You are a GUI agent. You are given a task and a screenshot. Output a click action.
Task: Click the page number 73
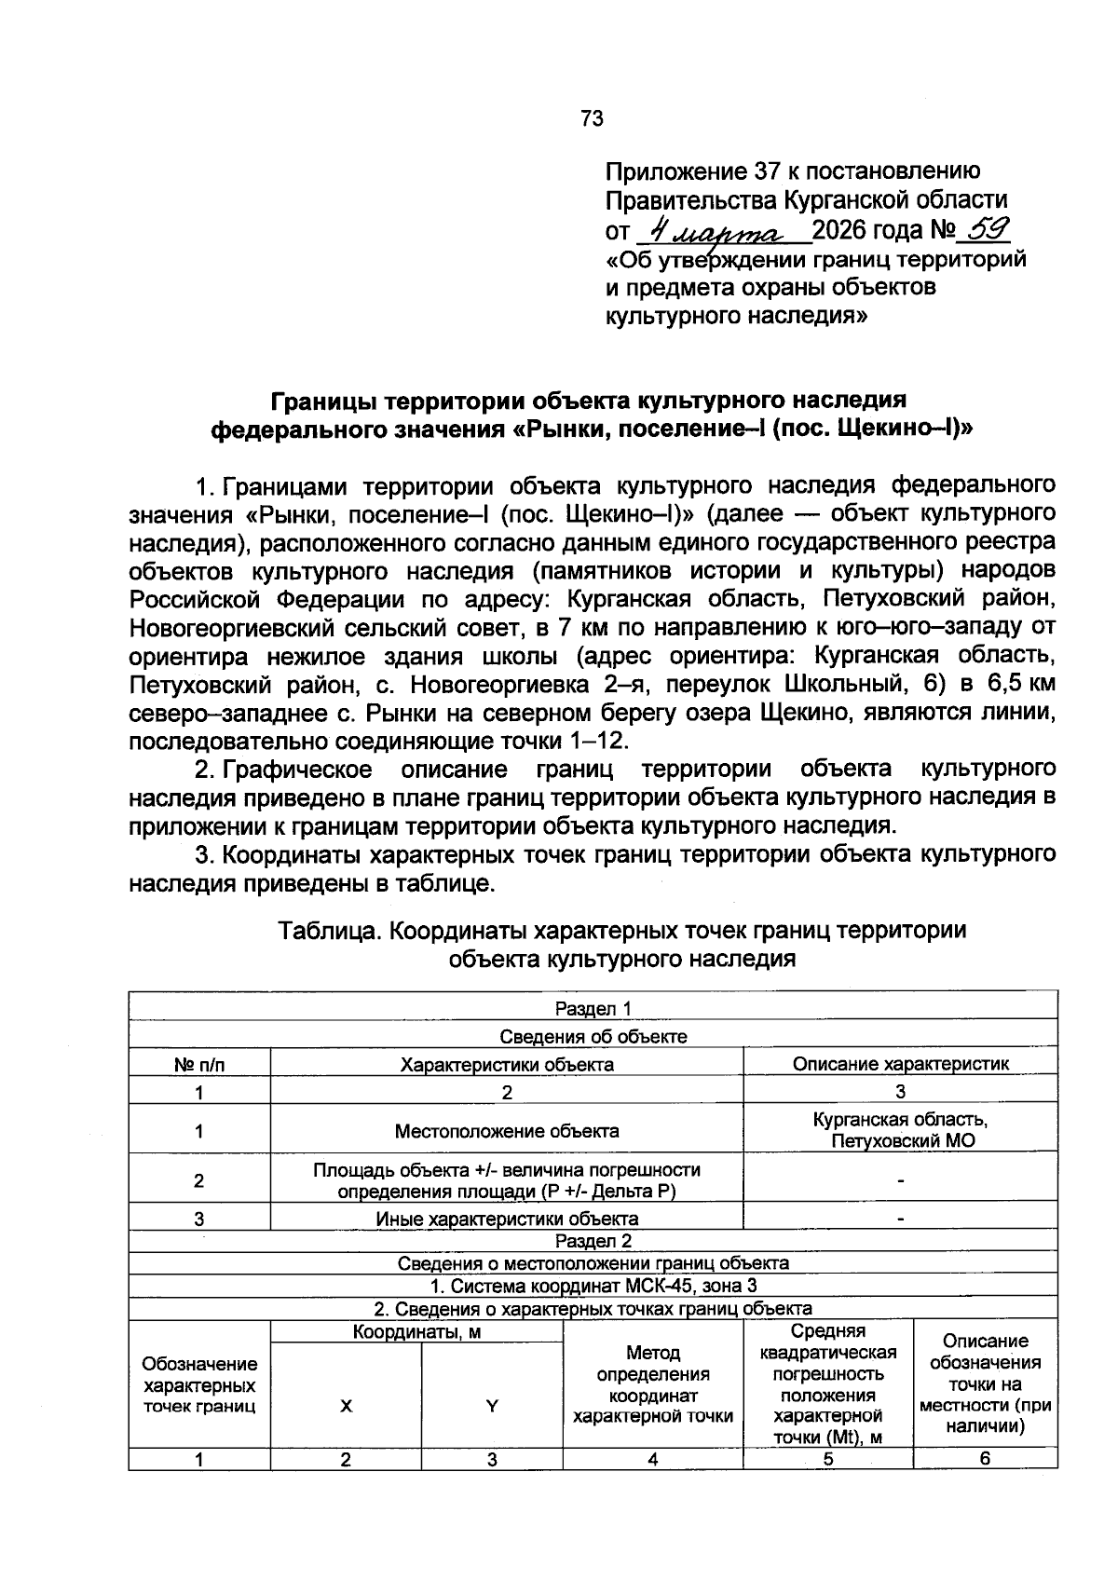point(592,118)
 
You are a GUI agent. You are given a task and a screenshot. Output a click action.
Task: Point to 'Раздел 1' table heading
point(593,1008)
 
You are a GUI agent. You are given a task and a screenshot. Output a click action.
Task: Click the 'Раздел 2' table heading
point(593,1241)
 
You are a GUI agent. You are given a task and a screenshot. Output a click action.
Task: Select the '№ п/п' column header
point(199,1064)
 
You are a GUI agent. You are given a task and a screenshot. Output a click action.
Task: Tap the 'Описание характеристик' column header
point(900,1064)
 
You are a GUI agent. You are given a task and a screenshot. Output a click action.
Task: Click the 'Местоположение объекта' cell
point(507,1131)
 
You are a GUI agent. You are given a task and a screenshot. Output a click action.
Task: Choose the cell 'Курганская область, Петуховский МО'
point(900,1130)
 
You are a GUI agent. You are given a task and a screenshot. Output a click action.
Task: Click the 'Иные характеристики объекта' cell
point(507,1219)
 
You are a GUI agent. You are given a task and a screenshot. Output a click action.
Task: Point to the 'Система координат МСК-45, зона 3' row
point(593,1286)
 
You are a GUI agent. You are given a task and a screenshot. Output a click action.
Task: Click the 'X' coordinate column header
point(346,1407)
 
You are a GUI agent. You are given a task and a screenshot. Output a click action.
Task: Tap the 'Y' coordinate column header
point(492,1407)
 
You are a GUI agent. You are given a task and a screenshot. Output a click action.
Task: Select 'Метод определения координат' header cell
point(653,1384)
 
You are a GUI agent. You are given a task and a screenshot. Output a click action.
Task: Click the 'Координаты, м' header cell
point(416,1332)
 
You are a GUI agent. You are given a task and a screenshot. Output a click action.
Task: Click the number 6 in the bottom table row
point(985,1459)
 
